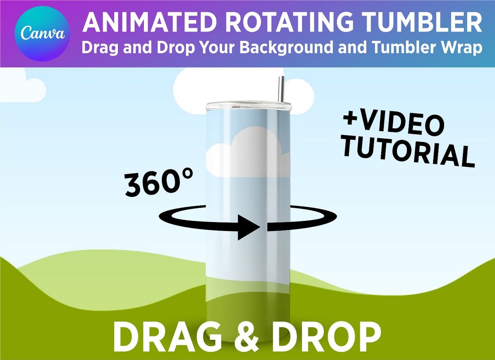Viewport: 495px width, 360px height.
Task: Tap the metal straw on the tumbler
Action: [x=281, y=90]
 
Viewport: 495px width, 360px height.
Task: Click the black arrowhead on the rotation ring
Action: [x=250, y=228]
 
